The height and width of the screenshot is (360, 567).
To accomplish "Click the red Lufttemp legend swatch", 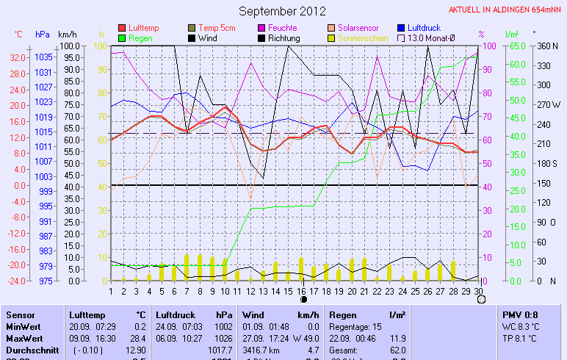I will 122,28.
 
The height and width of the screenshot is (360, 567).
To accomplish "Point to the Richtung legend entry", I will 283,37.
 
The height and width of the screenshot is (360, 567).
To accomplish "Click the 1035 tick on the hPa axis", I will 43,57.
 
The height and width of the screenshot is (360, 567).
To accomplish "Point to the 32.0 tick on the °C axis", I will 18,57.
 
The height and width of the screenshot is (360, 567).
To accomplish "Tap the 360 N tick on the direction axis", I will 546,46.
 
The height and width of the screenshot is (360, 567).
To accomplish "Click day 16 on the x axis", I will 301,290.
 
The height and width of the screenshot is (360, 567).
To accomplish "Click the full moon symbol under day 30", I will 481,299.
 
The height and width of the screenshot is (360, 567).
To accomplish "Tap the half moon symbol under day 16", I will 302,299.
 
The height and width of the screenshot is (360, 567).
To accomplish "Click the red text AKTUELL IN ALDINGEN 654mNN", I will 506,10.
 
